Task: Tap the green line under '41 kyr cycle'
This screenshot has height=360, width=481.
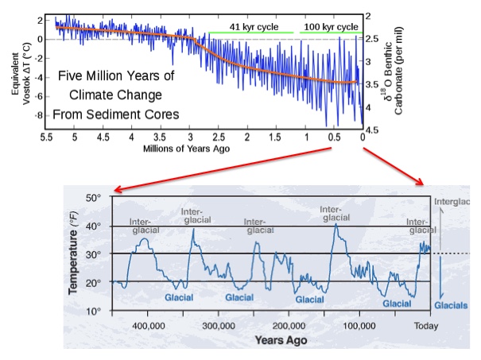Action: point(250,33)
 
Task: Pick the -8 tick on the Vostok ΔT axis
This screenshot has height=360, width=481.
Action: point(37,116)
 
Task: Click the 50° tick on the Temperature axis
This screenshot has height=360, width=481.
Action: point(95,198)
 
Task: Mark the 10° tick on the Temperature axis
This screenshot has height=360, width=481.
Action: point(95,311)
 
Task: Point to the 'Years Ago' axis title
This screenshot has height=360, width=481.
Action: point(281,340)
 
